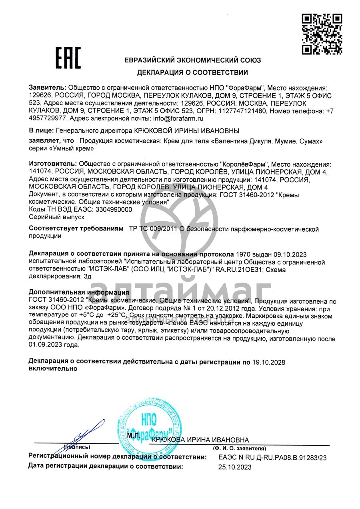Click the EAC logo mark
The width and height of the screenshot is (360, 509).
click(68, 58)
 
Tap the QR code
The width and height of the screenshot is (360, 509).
click(321, 34)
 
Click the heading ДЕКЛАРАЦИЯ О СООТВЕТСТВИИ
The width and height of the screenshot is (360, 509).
click(192, 72)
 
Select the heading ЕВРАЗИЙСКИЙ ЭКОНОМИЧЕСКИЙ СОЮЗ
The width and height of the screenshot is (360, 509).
click(192, 60)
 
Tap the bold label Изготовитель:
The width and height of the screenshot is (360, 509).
click(53, 164)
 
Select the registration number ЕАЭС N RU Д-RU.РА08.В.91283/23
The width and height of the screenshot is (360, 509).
click(272, 458)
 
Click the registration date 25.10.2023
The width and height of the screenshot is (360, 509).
click(235, 467)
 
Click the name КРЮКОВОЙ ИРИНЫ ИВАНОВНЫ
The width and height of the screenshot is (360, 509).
click(187, 131)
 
